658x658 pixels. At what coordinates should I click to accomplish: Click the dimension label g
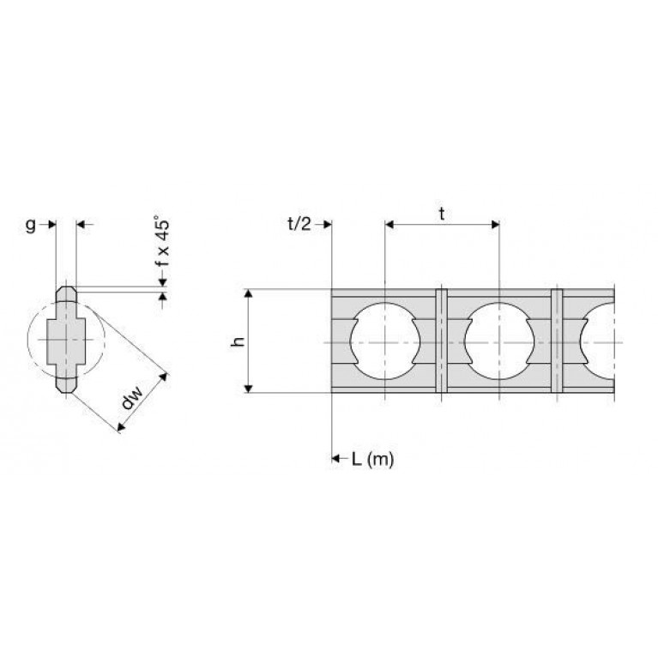click(30, 226)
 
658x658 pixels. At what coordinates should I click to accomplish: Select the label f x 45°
click(162, 241)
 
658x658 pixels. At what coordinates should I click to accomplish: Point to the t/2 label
click(299, 225)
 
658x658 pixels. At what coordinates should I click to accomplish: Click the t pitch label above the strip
click(442, 214)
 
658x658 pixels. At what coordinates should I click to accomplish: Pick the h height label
click(238, 341)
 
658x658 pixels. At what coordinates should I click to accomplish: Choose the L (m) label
click(372, 460)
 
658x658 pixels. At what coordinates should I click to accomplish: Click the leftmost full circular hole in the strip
click(385, 341)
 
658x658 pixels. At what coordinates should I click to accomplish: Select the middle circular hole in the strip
click(499, 341)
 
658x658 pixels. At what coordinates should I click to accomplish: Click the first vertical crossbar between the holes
click(442, 341)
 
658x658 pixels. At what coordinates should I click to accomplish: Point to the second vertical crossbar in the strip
click(557, 341)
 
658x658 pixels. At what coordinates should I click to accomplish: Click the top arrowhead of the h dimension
click(249, 293)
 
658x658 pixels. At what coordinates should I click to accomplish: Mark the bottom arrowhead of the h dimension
click(249, 389)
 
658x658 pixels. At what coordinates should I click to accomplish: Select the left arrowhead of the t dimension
click(389, 225)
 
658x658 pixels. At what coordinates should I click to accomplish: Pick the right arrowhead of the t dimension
click(495, 225)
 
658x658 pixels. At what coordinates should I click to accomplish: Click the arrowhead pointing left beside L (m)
click(335, 458)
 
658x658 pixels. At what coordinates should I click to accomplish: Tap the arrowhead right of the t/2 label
click(328, 225)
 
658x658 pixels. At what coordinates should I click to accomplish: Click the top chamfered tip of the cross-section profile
click(66, 290)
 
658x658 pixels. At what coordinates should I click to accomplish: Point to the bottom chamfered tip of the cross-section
click(66, 389)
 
